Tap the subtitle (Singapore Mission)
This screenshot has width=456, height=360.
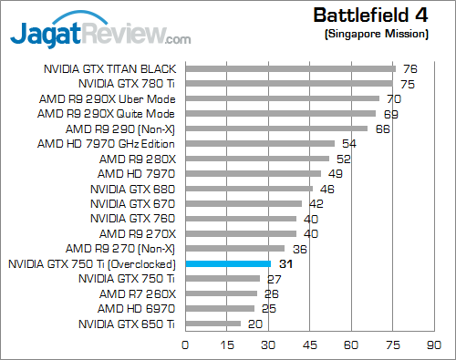coord(375,34)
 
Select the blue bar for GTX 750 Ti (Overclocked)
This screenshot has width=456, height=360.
coord(228,263)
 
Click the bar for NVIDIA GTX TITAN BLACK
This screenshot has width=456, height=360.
coord(290,68)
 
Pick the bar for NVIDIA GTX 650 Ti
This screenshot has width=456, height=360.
coord(212,324)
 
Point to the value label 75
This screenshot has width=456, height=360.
coord(408,84)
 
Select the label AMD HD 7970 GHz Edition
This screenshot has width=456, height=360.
coord(106,143)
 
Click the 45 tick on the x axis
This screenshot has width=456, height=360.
coord(310,345)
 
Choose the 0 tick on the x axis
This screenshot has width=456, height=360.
coord(185,345)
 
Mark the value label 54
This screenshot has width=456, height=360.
coord(348,143)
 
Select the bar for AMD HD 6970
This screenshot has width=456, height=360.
coord(220,308)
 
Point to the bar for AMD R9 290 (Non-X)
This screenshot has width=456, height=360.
coord(276,129)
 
